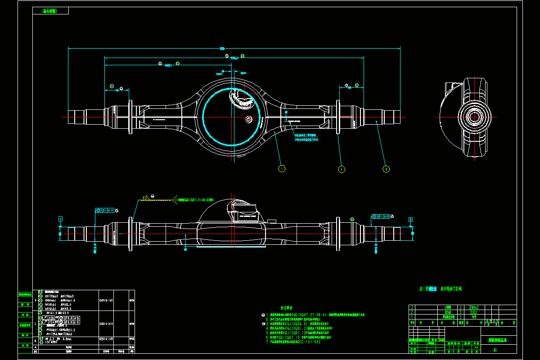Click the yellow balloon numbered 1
(x=282, y=169)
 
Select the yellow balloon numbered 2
(x=342, y=169)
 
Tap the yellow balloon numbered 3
(x=386, y=169)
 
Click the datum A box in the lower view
(x=60, y=219)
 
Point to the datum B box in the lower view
(x=410, y=219)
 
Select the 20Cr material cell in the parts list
(x=472, y=311)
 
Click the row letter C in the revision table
(x=36, y=323)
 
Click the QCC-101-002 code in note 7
(x=308, y=342)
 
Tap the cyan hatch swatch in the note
(x=433, y=289)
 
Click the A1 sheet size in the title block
(x=495, y=349)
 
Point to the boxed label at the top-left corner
(x=50, y=11)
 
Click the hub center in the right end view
(x=474, y=117)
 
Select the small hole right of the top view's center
(x=248, y=119)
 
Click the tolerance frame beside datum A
(x=106, y=210)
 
